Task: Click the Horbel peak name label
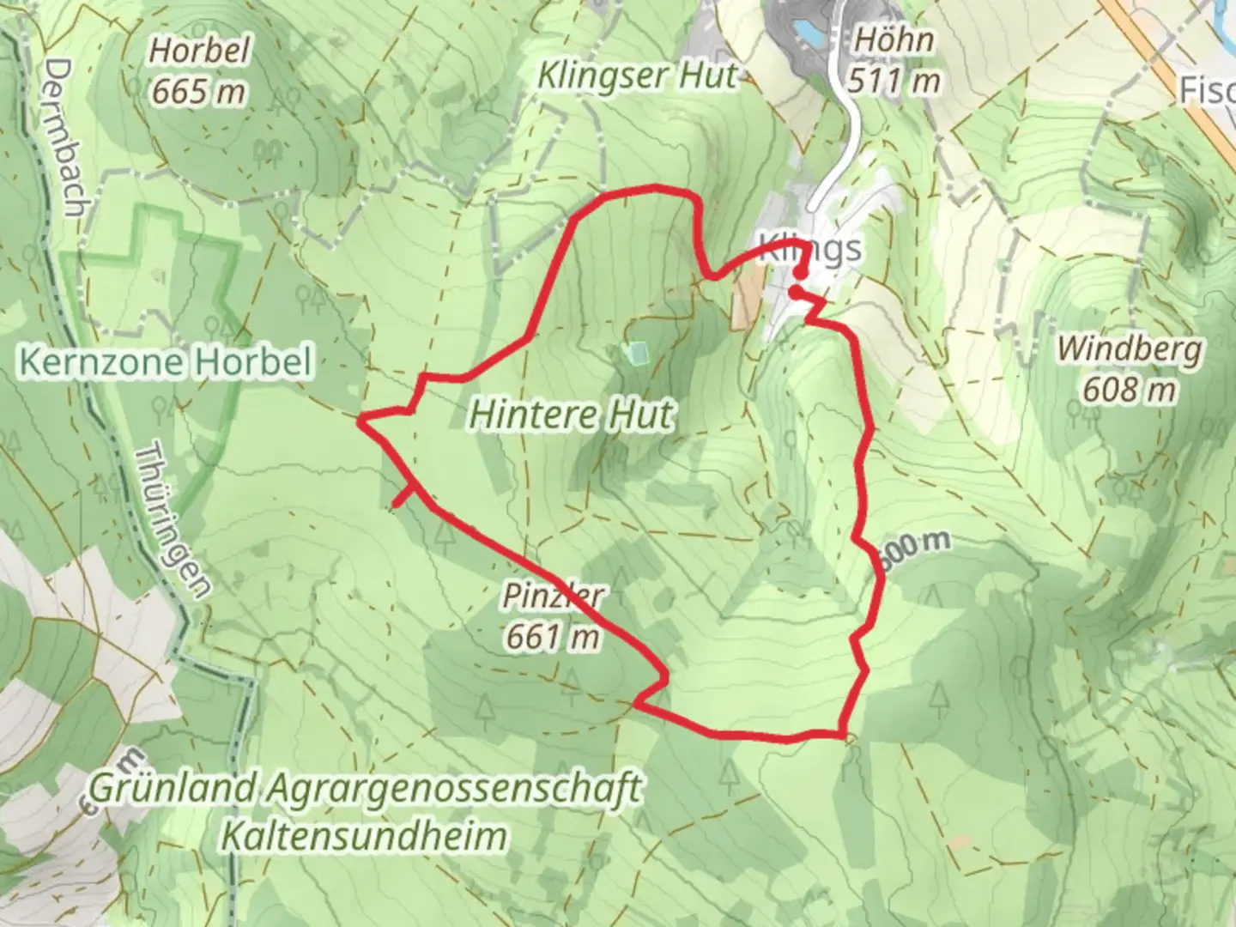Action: [199, 51]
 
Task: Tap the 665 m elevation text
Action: [199, 91]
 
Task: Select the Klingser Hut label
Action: [636, 76]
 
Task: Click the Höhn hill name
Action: [894, 39]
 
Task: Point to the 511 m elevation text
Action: [894, 82]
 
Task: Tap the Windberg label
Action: [1130, 349]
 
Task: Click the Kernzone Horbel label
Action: [166, 361]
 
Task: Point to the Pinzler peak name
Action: [553, 595]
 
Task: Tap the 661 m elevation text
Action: [553, 636]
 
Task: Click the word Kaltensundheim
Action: [364, 835]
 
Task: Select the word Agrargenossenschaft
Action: [454, 789]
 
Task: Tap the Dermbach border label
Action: [68, 137]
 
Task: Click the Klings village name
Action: [810, 249]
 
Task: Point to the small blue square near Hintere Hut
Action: [636, 352]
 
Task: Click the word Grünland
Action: [173, 787]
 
